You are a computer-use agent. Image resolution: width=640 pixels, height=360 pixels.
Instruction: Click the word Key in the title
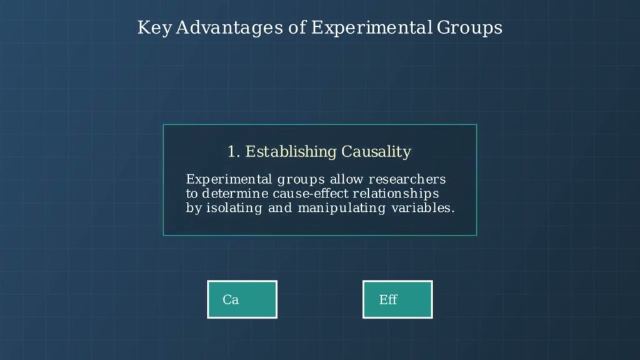[x=154, y=28]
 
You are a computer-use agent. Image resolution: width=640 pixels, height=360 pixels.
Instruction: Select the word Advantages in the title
[x=229, y=28]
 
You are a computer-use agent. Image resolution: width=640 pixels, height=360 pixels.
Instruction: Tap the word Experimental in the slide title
[x=371, y=28]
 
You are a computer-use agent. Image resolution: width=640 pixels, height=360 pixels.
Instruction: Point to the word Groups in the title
[x=469, y=28]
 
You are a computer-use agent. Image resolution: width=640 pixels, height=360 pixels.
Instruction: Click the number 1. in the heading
[x=234, y=152]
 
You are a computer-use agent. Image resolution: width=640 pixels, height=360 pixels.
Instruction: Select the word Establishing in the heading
[x=291, y=152]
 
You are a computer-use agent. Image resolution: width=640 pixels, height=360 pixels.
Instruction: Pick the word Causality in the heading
[x=376, y=152]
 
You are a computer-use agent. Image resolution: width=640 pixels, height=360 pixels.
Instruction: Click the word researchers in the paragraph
[x=407, y=179]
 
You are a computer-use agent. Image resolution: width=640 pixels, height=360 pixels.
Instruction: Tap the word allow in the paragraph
[x=346, y=179]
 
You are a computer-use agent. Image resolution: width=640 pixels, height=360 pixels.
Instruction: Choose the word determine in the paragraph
[x=235, y=194]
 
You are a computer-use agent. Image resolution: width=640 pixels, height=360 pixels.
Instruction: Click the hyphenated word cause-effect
[x=310, y=194]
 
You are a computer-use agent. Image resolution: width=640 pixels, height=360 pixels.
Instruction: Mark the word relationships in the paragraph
[x=396, y=194]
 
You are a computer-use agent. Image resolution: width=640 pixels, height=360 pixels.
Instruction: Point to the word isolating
[x=234, y=208]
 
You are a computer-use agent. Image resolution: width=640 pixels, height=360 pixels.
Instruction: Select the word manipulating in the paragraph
[x=342, y=208]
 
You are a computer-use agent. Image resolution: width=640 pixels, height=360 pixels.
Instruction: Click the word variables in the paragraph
[x=422, y=207]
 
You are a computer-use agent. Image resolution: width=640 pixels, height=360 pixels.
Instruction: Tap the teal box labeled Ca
[x=242, y=299]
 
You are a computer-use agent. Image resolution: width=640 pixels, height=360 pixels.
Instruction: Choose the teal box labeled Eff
[x=397, y=299]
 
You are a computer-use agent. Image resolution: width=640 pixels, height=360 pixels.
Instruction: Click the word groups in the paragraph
[x=301, y=180]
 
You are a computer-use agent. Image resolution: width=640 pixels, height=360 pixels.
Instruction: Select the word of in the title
[x=297, y=28]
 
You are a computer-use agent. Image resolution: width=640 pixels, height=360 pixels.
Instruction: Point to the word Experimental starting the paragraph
[x=229, y=179]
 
